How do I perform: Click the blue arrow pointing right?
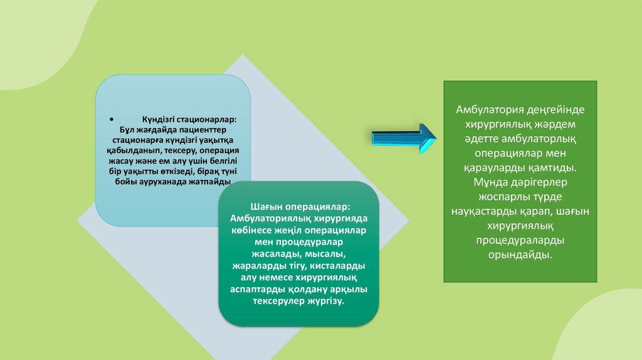[404, 139]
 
